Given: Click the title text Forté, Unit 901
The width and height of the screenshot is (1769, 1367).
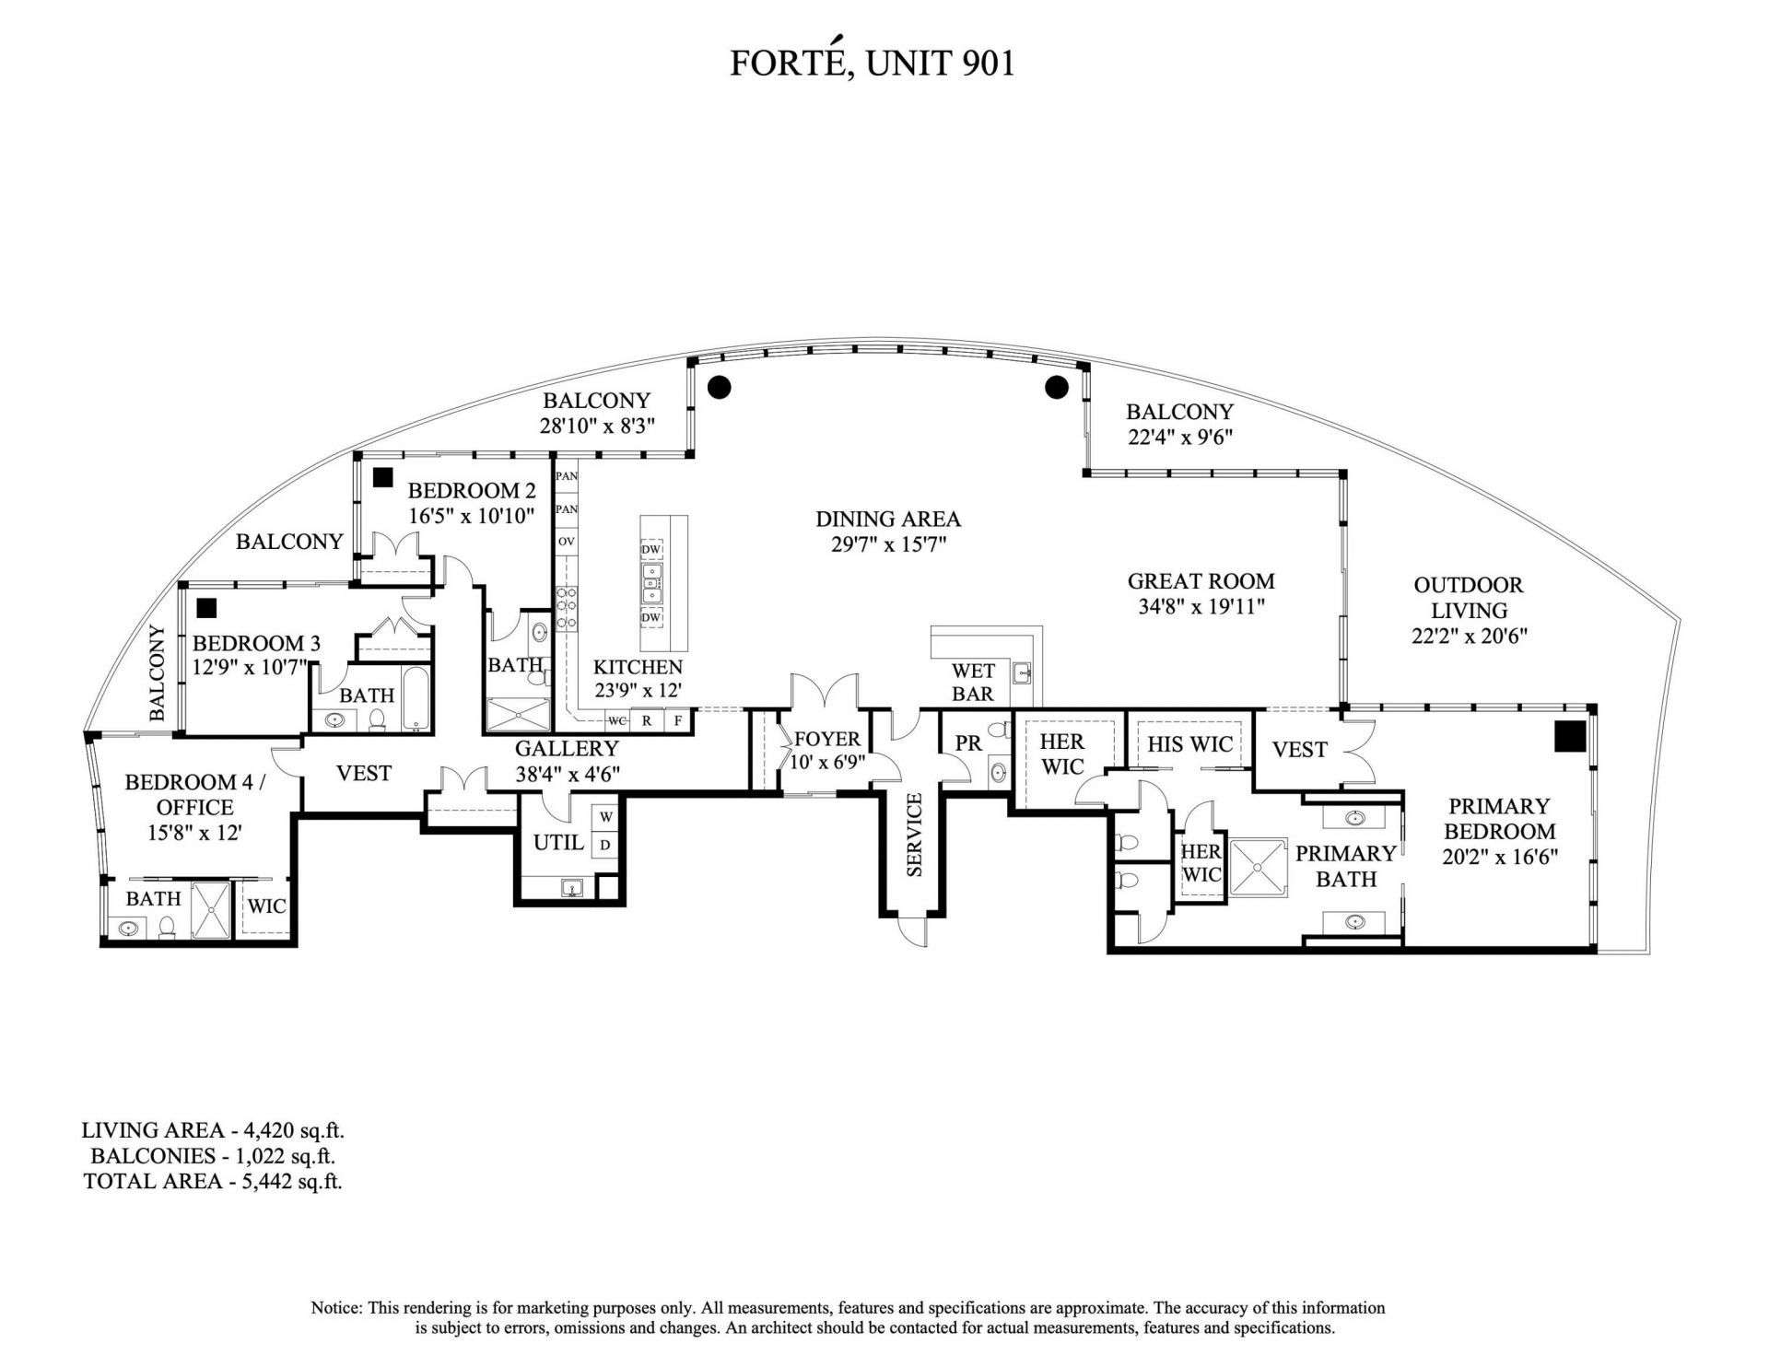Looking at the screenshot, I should pos(872,63).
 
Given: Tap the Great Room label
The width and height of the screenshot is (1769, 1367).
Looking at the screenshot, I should pos(1201,581).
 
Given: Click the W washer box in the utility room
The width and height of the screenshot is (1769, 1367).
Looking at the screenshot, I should pos(606,817).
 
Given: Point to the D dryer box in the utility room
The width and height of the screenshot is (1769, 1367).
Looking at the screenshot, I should pos(606,844).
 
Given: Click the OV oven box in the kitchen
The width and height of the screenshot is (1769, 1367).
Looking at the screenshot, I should pos(566,542).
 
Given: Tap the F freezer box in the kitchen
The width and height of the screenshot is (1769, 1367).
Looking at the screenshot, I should pos(678,720).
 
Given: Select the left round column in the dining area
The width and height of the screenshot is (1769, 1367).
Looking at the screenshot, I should pos(719,386).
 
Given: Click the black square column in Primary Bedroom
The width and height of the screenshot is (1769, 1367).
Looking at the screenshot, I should pos(1569,736).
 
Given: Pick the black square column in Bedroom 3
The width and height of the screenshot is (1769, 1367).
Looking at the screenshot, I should pos(206,607).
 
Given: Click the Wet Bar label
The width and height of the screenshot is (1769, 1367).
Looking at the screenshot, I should pos(972,682).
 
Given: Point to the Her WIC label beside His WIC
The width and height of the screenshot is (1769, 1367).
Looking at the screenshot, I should pos(1061,754).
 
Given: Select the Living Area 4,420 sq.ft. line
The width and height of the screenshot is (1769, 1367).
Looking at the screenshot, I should pos(212,1130).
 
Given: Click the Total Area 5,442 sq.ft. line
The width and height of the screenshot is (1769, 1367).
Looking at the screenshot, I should pos(212,1181).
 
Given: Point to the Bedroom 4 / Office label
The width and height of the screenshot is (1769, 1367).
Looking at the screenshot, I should pos(194,794).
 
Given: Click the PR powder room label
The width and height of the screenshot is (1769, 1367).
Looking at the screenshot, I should pos(968,742).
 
